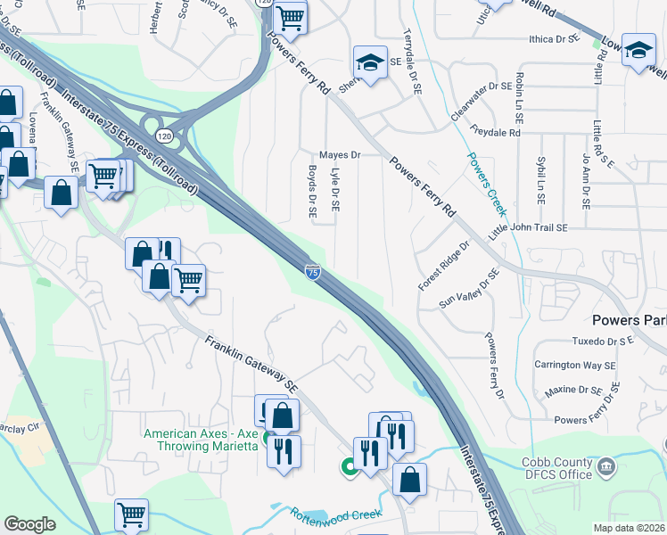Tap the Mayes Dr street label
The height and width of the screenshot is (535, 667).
(340, 155)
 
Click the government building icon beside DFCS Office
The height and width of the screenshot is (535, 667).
(605, 465)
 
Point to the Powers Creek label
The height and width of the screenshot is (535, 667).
(486, 184)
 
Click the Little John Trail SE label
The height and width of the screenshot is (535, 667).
(529, 228)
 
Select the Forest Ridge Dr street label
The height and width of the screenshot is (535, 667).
(444, 265)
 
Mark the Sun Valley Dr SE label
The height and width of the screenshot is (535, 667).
(466, 290)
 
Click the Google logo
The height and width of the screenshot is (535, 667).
(29, 524)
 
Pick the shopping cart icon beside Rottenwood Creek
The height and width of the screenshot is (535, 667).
(131, 514)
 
